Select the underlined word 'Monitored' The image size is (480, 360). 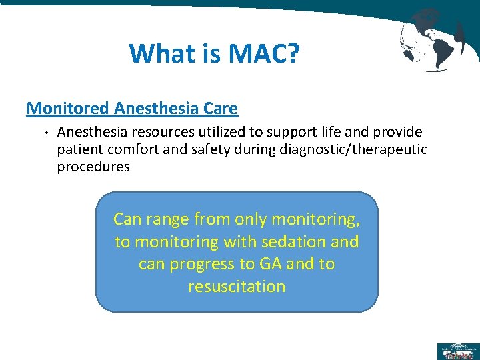coord(68,107)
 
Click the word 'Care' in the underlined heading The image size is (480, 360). coord(219,107)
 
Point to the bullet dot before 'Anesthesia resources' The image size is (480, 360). coord(41,133)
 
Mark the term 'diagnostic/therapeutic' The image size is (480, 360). coord(350,150)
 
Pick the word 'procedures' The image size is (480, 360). coord(93,167)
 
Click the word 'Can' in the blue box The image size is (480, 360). coord(127,219)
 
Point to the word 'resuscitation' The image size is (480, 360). coord(237,287)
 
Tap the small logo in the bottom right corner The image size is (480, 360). coord(457,351)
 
